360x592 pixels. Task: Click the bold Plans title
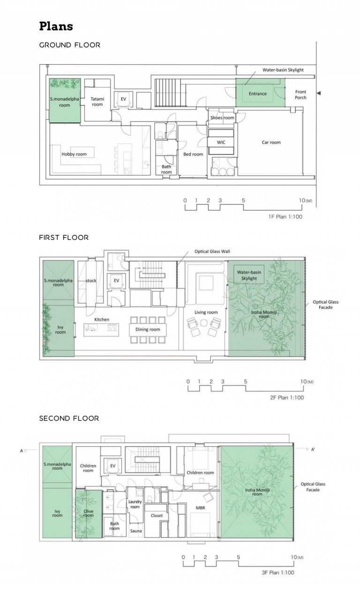(x=56, y=26)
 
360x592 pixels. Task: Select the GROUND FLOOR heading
(x=69, y=45)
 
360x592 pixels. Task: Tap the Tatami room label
(x=97, y=101)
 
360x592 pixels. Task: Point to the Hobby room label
(x=75, y=154)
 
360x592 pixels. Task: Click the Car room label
(x=271, y=142)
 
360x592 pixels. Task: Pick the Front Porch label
(x=300, y=95)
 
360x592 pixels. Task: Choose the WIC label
(x=221, y=142)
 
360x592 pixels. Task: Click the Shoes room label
(x=222, y=118)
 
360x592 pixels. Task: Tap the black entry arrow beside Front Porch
(x=319, y=94)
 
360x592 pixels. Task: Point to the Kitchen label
(x=102, y=320)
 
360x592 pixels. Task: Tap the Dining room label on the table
(x=148, y=330)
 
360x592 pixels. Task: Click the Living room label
(x=206, y=312)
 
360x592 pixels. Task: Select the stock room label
(x=91, y=281)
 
